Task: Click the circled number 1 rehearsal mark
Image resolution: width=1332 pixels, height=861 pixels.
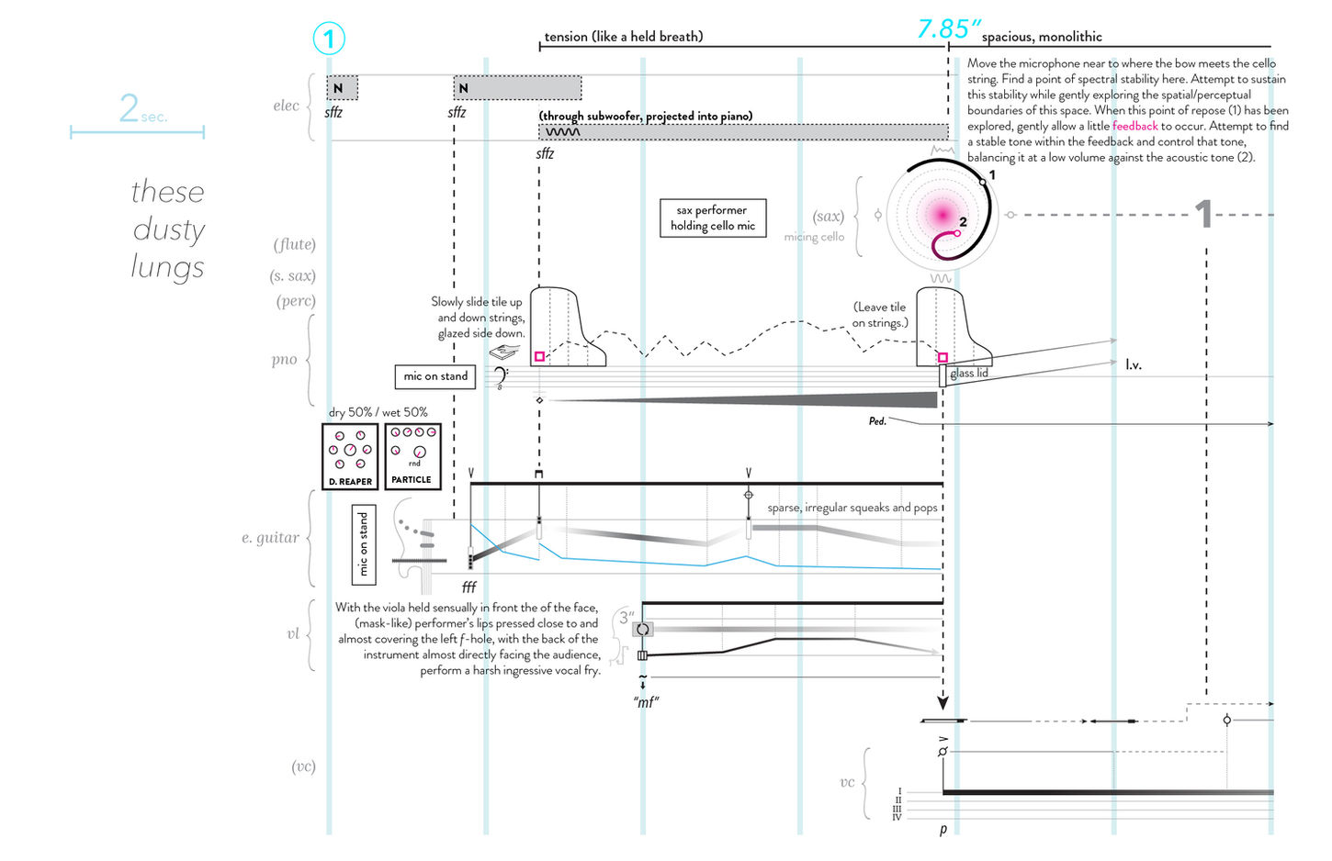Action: click(x=328, y=39)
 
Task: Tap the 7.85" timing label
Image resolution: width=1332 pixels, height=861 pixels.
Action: click(x=948, y=29)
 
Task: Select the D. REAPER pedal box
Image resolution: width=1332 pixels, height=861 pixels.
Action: click(x=350, y=456)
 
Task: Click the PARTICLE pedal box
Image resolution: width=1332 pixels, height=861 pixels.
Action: click(x=412, y=456)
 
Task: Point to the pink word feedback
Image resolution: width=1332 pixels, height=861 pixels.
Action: click(x=1134, y=126)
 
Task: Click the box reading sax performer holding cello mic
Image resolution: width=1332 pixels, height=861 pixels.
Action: click(x=713, y=218)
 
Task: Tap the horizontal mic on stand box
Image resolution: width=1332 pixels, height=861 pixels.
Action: click(x=435, y=376)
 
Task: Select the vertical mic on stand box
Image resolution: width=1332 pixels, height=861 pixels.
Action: click(x=364, y=545)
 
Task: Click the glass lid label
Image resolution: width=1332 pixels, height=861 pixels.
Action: click(x=968, y=374)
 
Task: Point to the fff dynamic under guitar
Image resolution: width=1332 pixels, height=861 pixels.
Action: click(x=468, y=587)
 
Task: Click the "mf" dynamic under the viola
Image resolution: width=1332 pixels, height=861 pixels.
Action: click(x=647, y=702)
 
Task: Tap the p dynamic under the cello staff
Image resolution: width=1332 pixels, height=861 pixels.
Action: click(x=943, y=830)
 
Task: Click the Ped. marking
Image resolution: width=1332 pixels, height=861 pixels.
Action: click(x=877, y=420)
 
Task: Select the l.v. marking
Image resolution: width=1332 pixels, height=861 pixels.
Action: click(x=1134, y=364)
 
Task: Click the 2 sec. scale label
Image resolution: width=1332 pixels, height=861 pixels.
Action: click(x=142, y=108)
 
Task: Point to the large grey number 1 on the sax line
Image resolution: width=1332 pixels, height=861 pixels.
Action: click(x=1204, y=214)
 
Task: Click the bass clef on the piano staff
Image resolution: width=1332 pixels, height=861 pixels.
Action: click(x=500, y=377)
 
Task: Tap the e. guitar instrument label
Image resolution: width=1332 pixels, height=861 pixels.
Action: click(x=270, y=538)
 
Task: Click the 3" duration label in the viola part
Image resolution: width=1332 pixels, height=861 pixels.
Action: click(x=626, y=618)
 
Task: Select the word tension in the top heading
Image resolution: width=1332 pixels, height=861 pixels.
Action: click(x=566, y=36)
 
